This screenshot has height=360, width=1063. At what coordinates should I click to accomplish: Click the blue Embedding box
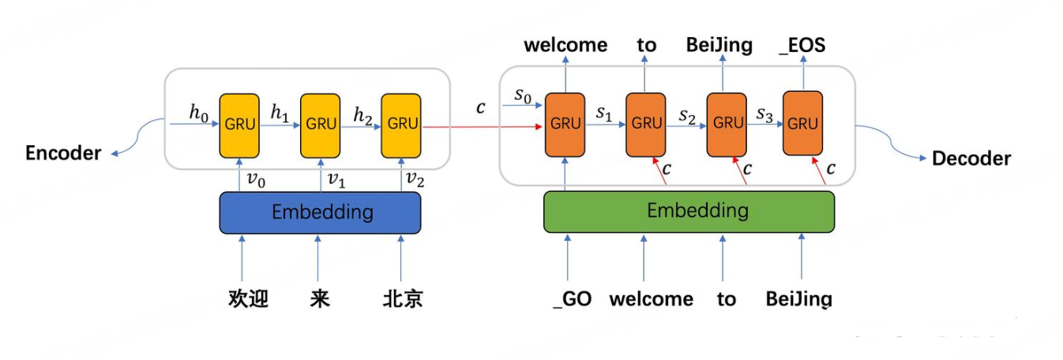point(320,212)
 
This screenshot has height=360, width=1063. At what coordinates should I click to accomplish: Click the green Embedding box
point(689,212)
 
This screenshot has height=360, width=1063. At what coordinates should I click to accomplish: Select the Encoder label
point(63,153)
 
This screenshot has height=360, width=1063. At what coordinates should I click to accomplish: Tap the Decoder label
point(971,159)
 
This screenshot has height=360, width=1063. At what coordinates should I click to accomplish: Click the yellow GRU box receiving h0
point(239,126)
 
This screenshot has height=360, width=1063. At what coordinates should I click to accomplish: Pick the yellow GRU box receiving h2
point(401,126)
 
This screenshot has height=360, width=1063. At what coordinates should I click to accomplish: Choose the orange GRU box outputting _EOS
point(802,123)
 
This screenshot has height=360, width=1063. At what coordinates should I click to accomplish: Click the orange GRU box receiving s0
point(565,125)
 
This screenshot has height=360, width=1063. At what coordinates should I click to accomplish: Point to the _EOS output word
point(802,45)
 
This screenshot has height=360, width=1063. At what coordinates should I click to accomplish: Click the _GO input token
point(573,299)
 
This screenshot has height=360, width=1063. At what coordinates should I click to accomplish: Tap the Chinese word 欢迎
point(248,298)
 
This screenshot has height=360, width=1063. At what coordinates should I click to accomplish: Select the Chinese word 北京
point(403,298)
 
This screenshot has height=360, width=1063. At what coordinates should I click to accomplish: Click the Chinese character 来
point(320,298)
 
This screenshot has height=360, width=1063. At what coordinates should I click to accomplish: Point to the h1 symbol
point(280,113)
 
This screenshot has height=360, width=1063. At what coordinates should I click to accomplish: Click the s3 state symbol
point(764,114)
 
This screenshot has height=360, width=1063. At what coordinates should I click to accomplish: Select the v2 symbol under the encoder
point(415,179)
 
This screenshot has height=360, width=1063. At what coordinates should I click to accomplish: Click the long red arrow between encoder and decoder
point(483,126)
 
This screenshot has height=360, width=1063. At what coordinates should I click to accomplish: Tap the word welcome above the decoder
point(565,45)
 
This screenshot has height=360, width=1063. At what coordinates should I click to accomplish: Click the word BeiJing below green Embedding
point(799,299)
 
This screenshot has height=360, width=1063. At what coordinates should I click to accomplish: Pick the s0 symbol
point(523,96)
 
